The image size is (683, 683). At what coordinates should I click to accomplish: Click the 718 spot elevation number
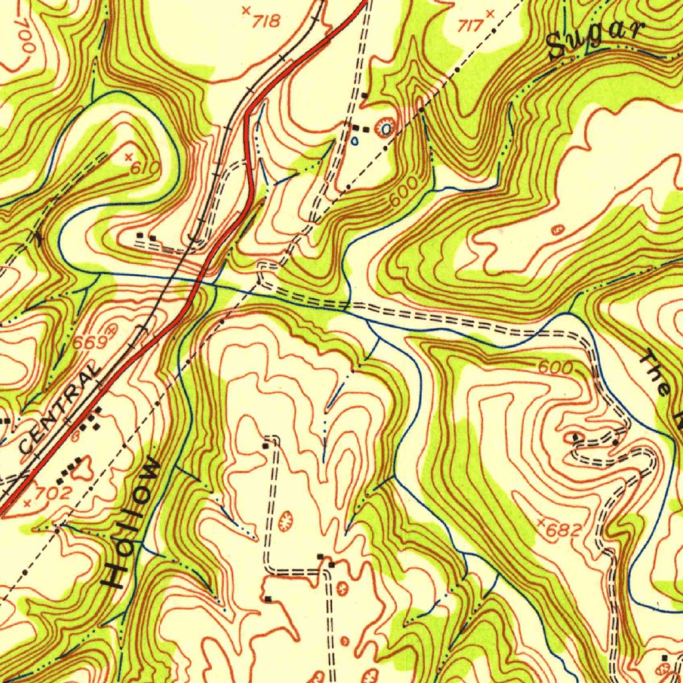(267, 21)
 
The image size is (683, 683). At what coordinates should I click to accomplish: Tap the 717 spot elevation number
(470, 26)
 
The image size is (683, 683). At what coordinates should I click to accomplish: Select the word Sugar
(596, 39)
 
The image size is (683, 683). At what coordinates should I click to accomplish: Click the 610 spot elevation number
(144, 168)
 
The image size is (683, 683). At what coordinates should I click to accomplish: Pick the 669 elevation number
(90, 342)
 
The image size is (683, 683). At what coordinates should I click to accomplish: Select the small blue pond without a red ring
(355, 141)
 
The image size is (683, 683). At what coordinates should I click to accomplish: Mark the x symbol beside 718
(245, 11)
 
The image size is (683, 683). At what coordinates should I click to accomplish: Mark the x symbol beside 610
(128, 157)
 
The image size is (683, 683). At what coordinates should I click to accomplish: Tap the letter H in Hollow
(119, 574)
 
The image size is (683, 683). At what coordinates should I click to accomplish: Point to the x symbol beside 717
(491, 13)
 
